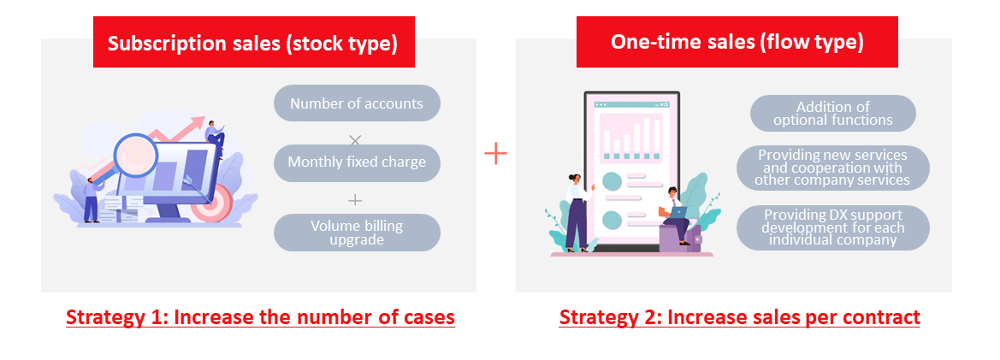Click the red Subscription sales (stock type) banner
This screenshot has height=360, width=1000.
pos(254,42)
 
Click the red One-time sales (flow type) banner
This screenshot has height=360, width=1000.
pos(737,42)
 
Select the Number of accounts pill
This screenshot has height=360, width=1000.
pos(358,103)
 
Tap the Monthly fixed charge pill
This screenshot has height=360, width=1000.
pos(358,162)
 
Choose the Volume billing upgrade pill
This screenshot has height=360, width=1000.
pos(358,233)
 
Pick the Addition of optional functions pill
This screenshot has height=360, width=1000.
pos(833,114)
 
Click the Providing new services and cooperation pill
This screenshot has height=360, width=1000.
pos(833,168)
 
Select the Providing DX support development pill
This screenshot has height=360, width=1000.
pos(833,227)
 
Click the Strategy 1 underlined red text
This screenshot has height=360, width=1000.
pos(260,317)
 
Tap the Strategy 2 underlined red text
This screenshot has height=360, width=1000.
pos(740,317)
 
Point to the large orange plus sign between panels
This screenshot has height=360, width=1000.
pos(495,154)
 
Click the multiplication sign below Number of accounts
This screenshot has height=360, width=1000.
pos(355,139)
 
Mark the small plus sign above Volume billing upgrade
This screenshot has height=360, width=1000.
pos(355,200)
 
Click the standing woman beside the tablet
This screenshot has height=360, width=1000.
pos(577,211)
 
